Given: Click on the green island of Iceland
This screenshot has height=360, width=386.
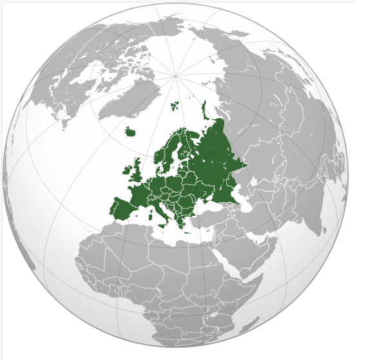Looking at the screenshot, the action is point(131,132).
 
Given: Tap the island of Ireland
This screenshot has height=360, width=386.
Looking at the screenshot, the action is point(127,172).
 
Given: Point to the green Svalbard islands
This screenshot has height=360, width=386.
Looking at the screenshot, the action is point(175,105).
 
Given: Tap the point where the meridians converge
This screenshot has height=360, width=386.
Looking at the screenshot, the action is point(175,76).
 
